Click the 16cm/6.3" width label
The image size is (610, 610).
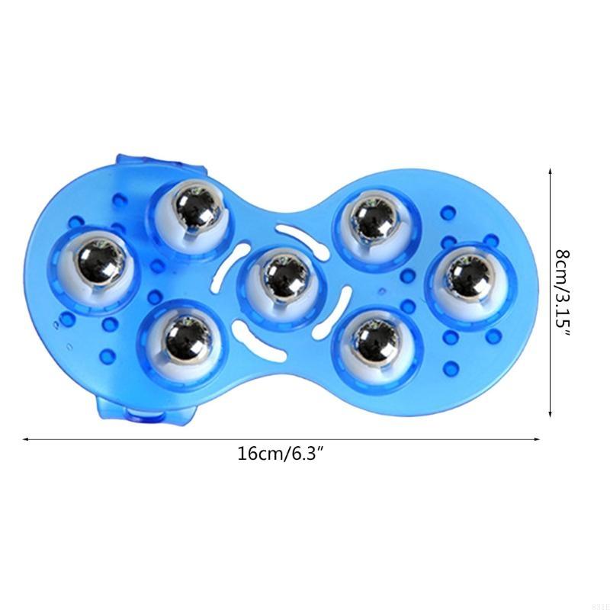pyautogui.click(x=281, y=454)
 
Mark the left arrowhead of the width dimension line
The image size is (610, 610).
pyautogui.click(x=26, y=439)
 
